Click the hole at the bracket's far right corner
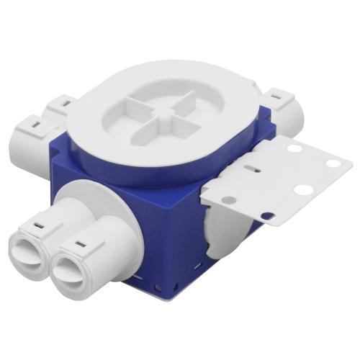click(333, 163)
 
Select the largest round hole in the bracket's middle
click(303, 191)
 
